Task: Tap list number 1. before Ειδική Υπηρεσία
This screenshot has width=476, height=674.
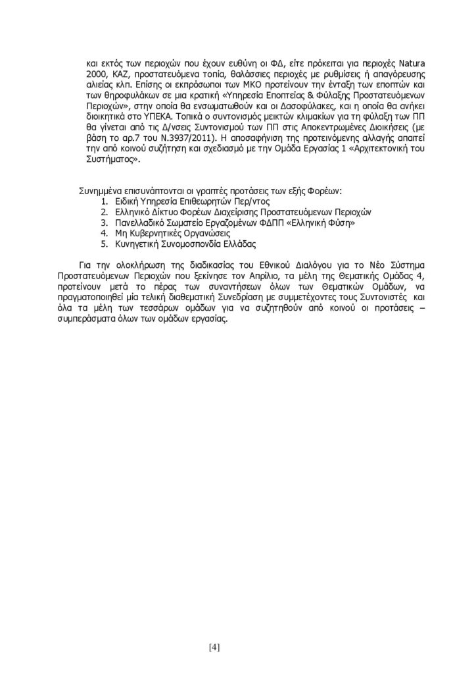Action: point(105,202)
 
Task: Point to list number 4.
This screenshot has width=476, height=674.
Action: point(105,234)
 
